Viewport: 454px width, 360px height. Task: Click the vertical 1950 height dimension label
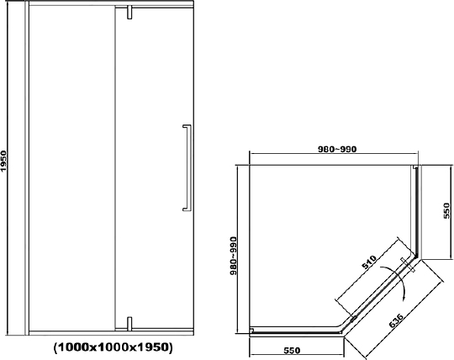(x=5, y=161)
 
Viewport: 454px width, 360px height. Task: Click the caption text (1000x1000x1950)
(x=113, y=347)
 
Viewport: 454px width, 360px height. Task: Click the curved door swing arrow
(x=400, y=282)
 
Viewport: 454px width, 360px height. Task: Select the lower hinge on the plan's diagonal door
(x=353, y=317)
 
